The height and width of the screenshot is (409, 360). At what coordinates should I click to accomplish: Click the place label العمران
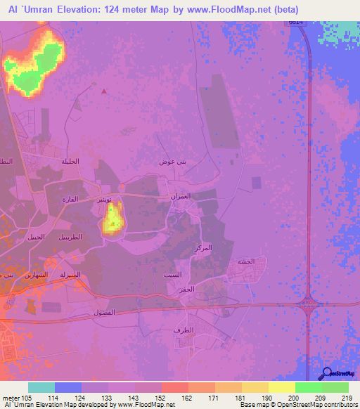tap(178, 197)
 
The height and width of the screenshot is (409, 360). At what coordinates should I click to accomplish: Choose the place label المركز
tap(202, 249)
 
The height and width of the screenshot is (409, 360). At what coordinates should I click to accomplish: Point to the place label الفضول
tap(105, 311)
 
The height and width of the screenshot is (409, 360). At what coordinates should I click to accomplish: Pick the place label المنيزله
tap(73, 274)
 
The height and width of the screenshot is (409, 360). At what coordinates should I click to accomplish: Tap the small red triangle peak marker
tap(105, 90)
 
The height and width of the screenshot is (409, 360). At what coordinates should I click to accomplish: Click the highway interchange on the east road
tap(309, 304)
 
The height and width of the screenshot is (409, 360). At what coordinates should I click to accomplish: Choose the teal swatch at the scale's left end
tap(41, 387)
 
